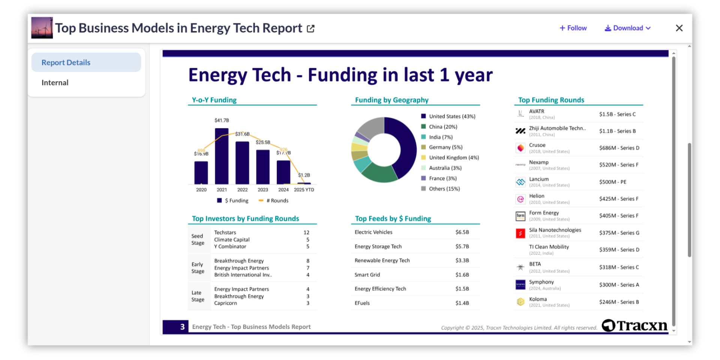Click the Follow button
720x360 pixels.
point(573,28)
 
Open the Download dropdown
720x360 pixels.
point(628,28)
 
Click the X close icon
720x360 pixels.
point(679,28)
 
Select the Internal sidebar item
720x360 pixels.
point(55,82)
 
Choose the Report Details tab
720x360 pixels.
point(66,63)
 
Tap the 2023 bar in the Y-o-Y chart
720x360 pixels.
point(263,167)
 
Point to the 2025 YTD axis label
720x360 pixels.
point(304,190)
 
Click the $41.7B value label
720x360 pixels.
point(222,120)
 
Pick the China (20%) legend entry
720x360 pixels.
point(443,127)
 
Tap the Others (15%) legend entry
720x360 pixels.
point(444,189)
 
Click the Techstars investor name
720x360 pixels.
point(225,232)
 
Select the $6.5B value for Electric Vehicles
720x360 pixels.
point(462,232)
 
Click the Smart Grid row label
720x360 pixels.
point(367,274)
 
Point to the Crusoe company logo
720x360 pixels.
point(520,148)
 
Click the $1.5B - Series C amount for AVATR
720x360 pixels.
point(617,114)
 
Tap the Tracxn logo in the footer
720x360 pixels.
point(634,325)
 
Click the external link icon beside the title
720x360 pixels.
point(310,28)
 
